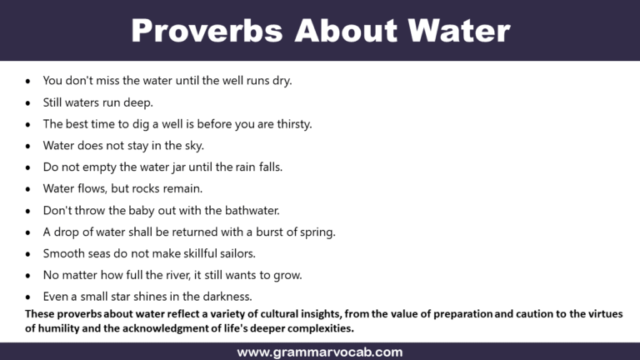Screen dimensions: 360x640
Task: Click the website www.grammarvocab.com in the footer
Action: tap(320, 352)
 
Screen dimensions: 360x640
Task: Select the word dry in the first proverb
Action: tap(282, 81)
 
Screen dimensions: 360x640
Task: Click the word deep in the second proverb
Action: tap(138, 102)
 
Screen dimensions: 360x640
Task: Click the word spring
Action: tap(317, 232)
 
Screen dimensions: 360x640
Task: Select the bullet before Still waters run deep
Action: tap(28, 103)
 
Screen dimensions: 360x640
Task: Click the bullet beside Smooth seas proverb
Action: tap(28, 254)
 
